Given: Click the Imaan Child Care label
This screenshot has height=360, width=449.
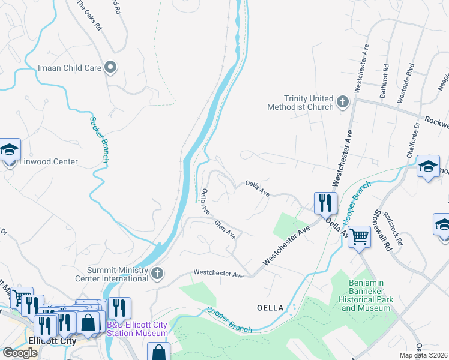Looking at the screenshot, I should (69, 68).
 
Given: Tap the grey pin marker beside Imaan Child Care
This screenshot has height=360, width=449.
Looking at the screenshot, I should (110, 67).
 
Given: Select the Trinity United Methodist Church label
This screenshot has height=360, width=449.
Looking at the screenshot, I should (300, 103).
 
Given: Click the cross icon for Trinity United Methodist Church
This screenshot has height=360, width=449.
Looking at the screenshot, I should (343, 102).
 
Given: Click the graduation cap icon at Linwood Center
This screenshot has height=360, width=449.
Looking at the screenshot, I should (9, 150).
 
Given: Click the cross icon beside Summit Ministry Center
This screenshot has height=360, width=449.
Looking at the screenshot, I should (157, 274).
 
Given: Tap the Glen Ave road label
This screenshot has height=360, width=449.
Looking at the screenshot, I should (225, 229).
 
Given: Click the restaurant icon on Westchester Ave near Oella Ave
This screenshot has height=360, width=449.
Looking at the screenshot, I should (325, 203).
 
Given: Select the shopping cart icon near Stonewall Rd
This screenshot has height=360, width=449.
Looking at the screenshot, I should (359, 237).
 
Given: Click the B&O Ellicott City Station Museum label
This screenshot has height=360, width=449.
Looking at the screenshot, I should (137, 329).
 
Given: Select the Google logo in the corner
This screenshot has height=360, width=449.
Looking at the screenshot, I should (20, 352).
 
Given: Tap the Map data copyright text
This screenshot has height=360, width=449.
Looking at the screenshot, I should (424, 355).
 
